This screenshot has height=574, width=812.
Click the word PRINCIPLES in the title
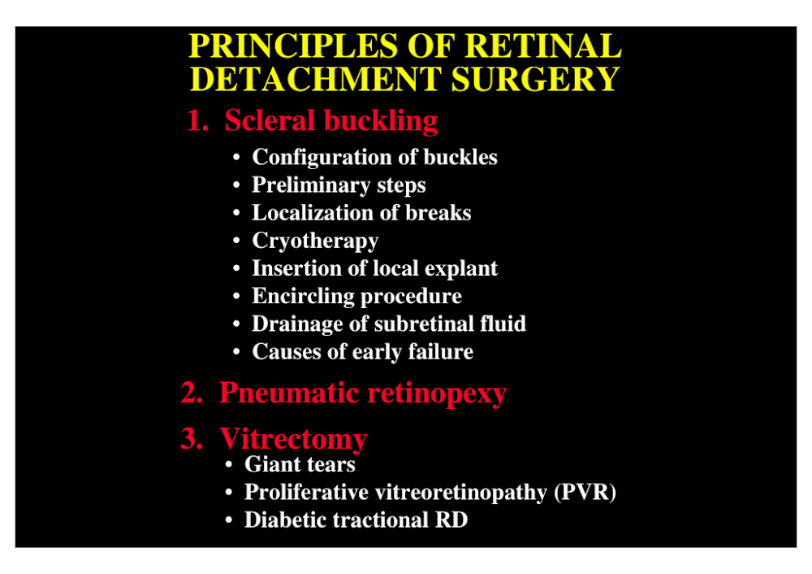coord(294,46)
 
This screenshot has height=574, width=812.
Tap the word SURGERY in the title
coord(535,80)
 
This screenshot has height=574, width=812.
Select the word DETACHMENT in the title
coord(315,80)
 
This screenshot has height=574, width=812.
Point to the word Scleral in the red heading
coord(270,120)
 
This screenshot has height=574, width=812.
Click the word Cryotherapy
coord(315,241)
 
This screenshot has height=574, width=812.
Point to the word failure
coord(441,351)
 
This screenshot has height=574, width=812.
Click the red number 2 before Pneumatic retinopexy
coord(191,393)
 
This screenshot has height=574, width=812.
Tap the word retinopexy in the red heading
coord(437,394)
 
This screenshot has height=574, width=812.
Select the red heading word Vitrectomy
coord(293,439)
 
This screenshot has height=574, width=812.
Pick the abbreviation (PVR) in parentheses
coord(585,493)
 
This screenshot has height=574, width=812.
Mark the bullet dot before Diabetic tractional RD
coord(229,520)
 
